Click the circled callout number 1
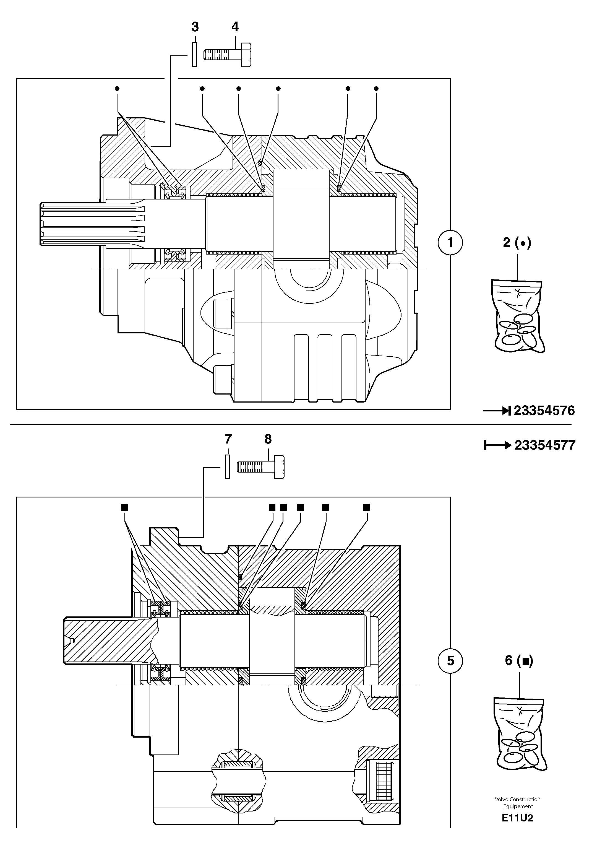tap(450, 243)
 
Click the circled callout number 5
tap(450, 661)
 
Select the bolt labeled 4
tap(228, 55)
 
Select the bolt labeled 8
tap(261, 467)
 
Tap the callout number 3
tap(195, 27)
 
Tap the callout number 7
tap(228, 439)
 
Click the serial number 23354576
tap(544, 411)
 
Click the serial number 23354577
tap(545, 445)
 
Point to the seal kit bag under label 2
tap(518, 317)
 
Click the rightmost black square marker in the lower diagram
tap(366, 507)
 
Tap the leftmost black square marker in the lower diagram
tap(124, 507)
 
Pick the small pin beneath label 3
tap(194, 55)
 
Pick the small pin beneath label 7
tap(228, 466)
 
